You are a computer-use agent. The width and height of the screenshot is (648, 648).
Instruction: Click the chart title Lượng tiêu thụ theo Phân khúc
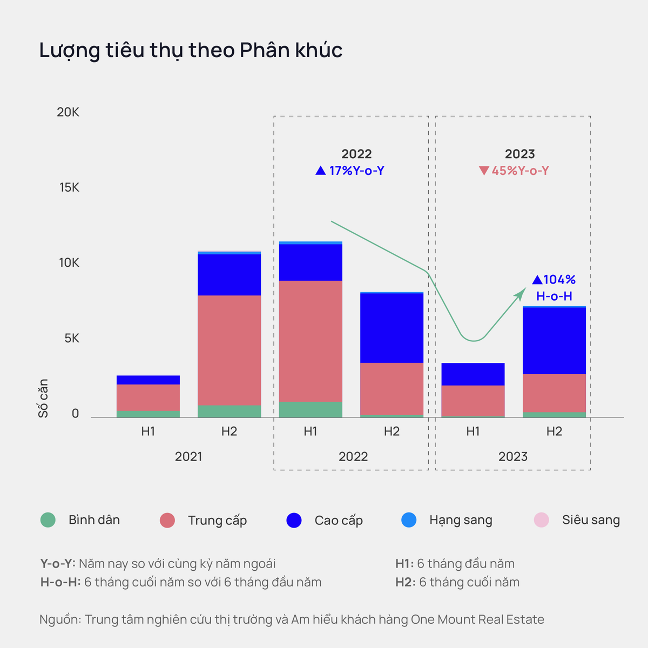tap(191, 50)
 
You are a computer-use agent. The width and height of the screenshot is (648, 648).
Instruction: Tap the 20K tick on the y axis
tap(68, 112)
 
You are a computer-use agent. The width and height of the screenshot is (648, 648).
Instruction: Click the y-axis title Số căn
tap(43, 398)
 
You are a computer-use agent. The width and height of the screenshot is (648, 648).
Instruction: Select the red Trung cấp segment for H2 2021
tap(230, 350)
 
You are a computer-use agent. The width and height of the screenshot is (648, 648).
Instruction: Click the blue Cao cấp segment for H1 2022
tap(310, 262)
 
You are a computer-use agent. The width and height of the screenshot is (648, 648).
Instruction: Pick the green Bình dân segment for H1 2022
tap(310, 409)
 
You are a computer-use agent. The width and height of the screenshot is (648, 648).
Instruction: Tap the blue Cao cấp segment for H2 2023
tap(554, 340)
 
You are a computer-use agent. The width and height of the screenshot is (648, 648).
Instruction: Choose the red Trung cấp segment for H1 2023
tap(473, 400)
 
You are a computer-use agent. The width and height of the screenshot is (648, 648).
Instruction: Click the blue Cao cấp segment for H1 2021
tap(148, 380)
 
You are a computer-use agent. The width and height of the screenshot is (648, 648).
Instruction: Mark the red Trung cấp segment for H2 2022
tap(391, 388)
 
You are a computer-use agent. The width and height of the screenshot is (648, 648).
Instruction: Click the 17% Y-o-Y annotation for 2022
tap(350, 171)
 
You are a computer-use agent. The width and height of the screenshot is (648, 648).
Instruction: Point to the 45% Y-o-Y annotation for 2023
tap(514, 171)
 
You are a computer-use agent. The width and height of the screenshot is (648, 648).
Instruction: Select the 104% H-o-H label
tap(554, 287)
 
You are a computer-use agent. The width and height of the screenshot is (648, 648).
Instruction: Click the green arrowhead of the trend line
tap(521, 292)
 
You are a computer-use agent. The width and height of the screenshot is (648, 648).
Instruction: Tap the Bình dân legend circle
tap(48, 520)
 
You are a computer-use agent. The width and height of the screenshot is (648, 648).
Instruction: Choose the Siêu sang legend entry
tap(577, 520)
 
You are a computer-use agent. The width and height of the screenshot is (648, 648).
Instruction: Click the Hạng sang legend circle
tap(409, 520)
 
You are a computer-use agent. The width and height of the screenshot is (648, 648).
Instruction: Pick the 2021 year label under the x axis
tap(188, 457)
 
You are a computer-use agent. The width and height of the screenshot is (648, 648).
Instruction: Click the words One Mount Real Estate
tap(477, 619)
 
